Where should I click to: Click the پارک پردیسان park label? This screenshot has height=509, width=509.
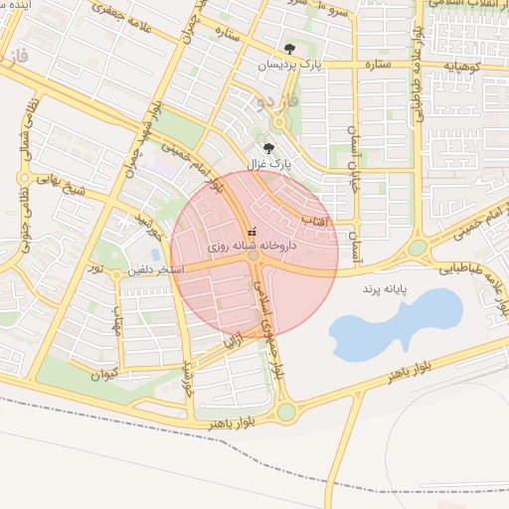[x=291, y=65]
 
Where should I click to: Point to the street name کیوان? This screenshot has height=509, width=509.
[x=102, y=375]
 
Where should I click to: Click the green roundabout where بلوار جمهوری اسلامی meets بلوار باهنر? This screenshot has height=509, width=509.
[x=286, y=411]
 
